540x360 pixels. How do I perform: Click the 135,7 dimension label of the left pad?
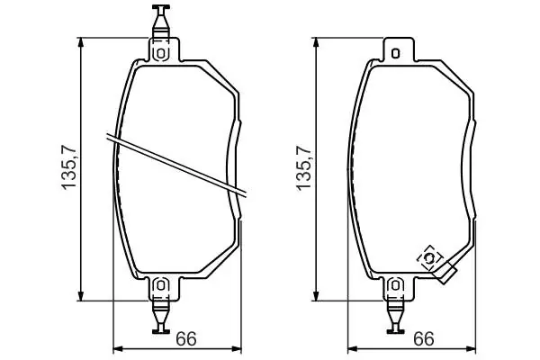point(68,167)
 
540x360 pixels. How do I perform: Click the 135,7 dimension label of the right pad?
point(303,167)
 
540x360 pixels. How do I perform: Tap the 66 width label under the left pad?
point(186,338)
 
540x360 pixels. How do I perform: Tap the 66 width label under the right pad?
point(424,338)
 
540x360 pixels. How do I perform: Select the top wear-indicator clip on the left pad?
point(161,21)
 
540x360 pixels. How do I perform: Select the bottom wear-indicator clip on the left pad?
point(161,317)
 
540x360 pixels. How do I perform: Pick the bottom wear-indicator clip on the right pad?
point(395,317)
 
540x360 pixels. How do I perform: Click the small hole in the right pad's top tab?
point(396,53)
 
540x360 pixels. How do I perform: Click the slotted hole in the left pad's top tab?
point(160,53)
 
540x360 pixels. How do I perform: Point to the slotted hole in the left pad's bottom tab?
point(160,285)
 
